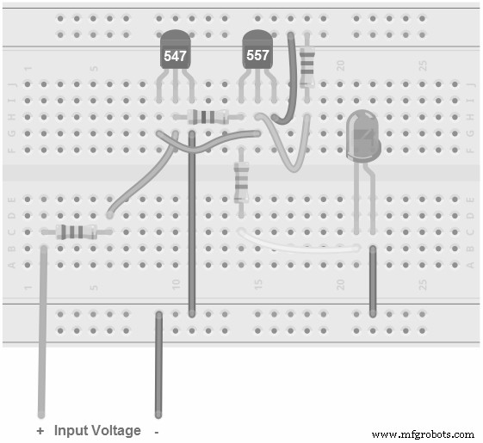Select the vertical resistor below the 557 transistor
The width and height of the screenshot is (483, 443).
pyautogui.click(x=242, y=183)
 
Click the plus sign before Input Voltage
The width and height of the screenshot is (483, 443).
pyautogui.click(x=40, y=430)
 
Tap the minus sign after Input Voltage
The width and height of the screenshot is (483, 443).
pyautogui.click(x=156, y=430)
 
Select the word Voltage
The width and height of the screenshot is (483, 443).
pyautogui.click(x=116, y=430)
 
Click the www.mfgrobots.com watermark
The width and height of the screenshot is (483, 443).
pyautogui.click(x=422, y=434)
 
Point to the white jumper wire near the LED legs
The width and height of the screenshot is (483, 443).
pyautogui.click(x=293, y=244)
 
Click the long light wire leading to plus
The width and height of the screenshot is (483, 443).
pyautogui.click(x=40, y=344)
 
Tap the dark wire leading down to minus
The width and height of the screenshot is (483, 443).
pyautogui.click(x=158, y=370)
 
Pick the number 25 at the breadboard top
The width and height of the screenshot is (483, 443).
pyautogui.click(x=423, y=65)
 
